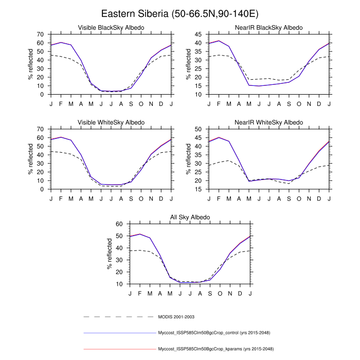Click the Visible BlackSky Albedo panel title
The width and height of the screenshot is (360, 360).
point(111,27)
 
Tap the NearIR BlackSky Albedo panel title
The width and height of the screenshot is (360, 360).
point(269,27)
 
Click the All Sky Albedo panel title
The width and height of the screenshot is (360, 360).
point(190,218)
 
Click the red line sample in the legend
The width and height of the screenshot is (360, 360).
point(118,349)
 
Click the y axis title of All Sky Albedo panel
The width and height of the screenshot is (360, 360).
point(110,254)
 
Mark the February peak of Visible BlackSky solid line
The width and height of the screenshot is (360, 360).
point(61,42)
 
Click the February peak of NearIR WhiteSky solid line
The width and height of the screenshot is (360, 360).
point(219,137)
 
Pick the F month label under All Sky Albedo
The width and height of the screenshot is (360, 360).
point(140,293)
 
